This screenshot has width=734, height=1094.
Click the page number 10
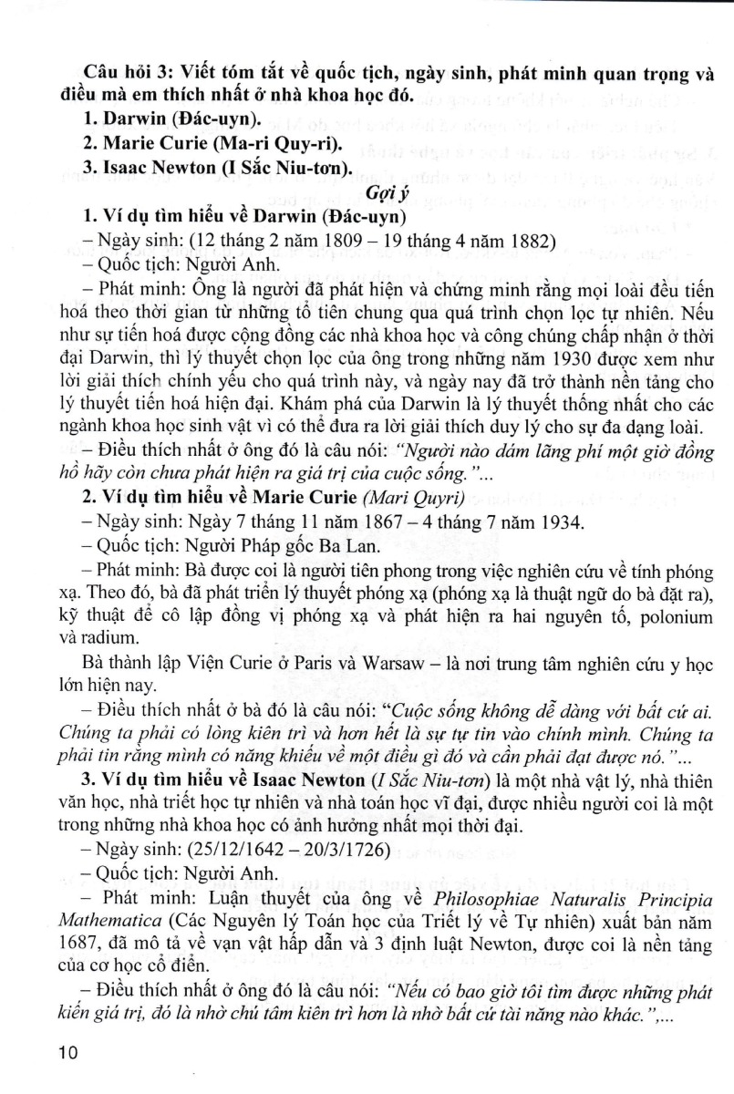coord(68,1055)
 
